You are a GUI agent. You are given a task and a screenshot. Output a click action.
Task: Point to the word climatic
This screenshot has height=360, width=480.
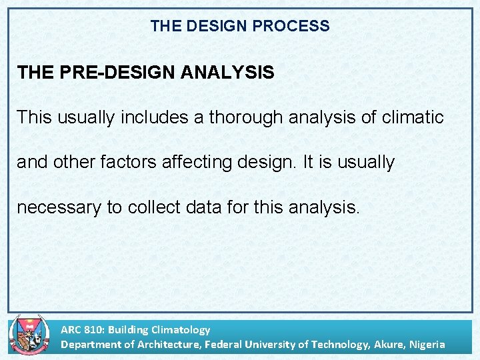coord(413,117)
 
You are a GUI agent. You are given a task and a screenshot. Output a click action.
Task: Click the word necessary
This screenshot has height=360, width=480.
coord(59,207)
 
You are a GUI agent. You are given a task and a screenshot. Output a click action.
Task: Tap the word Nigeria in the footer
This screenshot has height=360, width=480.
coord(427,345)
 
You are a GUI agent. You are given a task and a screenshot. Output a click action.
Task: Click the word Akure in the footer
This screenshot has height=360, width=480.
coord(388,345)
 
